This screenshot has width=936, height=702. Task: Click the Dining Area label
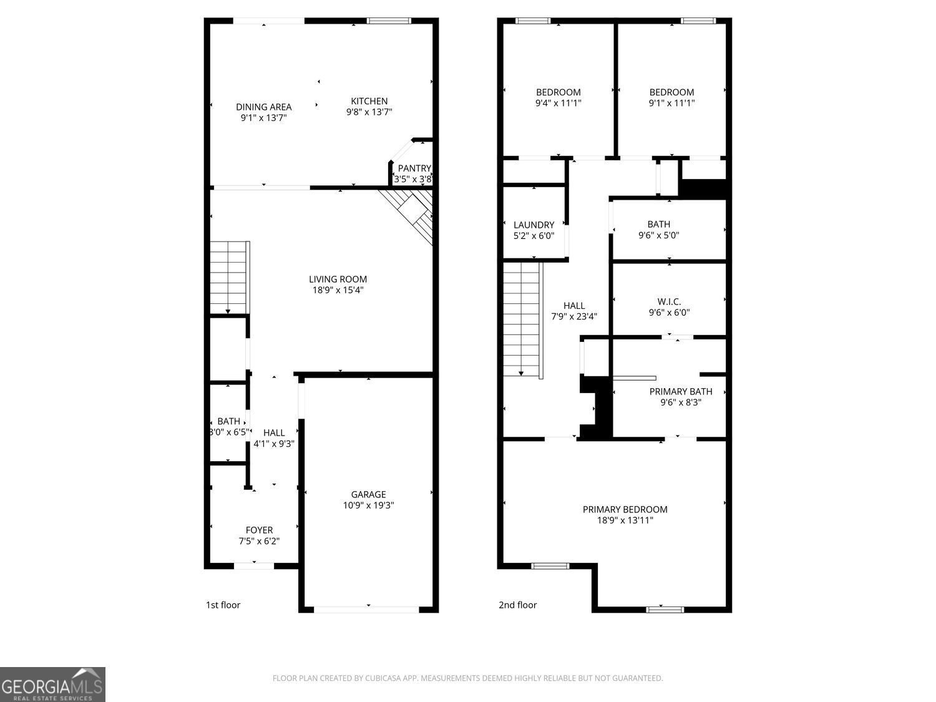point(263,107)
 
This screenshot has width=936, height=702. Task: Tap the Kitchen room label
point(369,101)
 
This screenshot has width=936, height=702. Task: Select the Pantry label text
point(414,168)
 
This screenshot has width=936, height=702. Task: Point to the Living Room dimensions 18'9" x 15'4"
point(338,290)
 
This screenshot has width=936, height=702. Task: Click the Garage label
point(368,494)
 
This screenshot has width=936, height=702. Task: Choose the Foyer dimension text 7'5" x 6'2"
point(259,541)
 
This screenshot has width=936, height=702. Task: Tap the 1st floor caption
point(223,605)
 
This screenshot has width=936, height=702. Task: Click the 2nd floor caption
point(518,605)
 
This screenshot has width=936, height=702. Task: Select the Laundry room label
point(534,225)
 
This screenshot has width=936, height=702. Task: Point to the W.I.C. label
point(669,302)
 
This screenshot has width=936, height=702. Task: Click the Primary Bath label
point(681,391)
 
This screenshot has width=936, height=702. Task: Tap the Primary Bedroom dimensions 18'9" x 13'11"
point(625,520)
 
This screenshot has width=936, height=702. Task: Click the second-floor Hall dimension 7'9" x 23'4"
point(574,317)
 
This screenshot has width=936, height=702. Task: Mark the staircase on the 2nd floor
point(522,319)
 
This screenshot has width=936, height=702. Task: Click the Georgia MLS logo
point(52,684)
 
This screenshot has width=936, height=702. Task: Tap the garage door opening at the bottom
point(367,610)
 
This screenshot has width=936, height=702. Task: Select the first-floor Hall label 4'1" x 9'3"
point(274,439)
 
